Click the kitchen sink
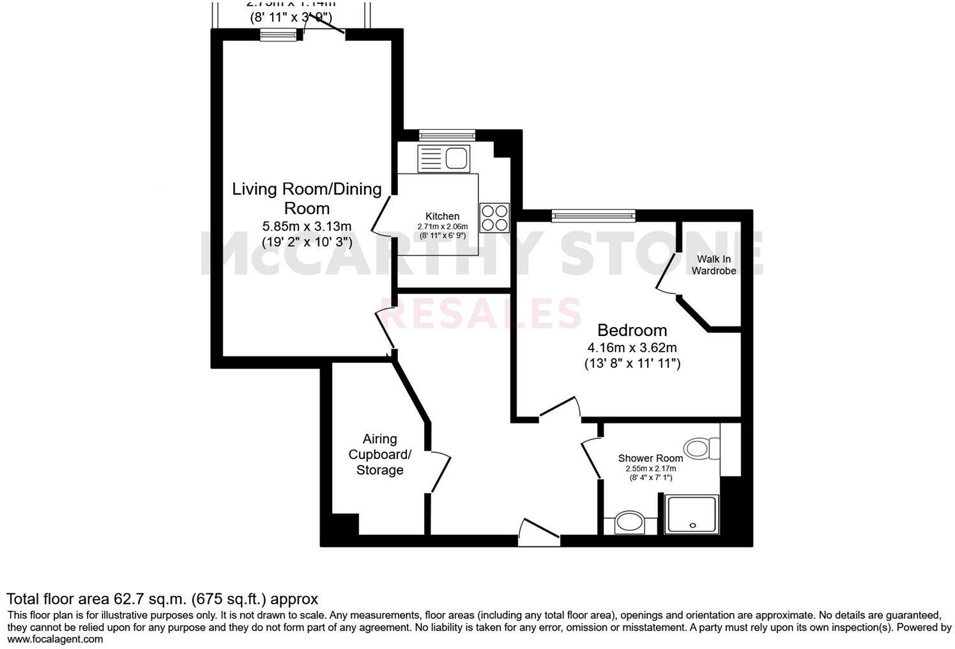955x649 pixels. [x=443, y=158]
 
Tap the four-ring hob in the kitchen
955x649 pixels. [x=494, y=217]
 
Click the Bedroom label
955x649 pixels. [x=632, y=330]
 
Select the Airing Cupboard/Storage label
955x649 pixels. [x=379, y=454]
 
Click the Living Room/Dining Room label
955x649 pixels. [x=307, y=198]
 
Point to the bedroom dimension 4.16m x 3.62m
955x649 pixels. [x=632, y=348]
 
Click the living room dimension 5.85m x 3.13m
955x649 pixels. [x=307, y=226]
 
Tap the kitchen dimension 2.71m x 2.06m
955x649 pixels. [x=442, y=227]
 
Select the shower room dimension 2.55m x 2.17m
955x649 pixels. [x=650, y=469]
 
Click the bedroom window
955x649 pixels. [x=593, y=216]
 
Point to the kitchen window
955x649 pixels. [x=447, y=134]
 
